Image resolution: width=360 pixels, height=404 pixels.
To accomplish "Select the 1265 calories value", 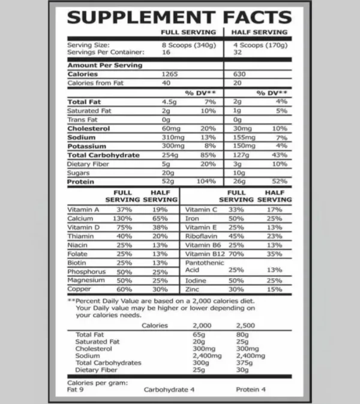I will (171, 74).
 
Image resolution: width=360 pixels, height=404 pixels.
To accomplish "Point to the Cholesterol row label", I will (88, 128).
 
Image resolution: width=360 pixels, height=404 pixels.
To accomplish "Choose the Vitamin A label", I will (83, 210).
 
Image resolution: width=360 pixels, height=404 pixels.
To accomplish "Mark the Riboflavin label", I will (200, 236).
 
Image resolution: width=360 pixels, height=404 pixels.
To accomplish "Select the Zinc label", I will (194, 290).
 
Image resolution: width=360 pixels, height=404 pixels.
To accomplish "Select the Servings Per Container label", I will (106, 53).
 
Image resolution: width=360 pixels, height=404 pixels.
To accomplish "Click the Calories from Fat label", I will (95, 83).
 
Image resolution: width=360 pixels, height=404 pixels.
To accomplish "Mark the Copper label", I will (80, 290).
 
